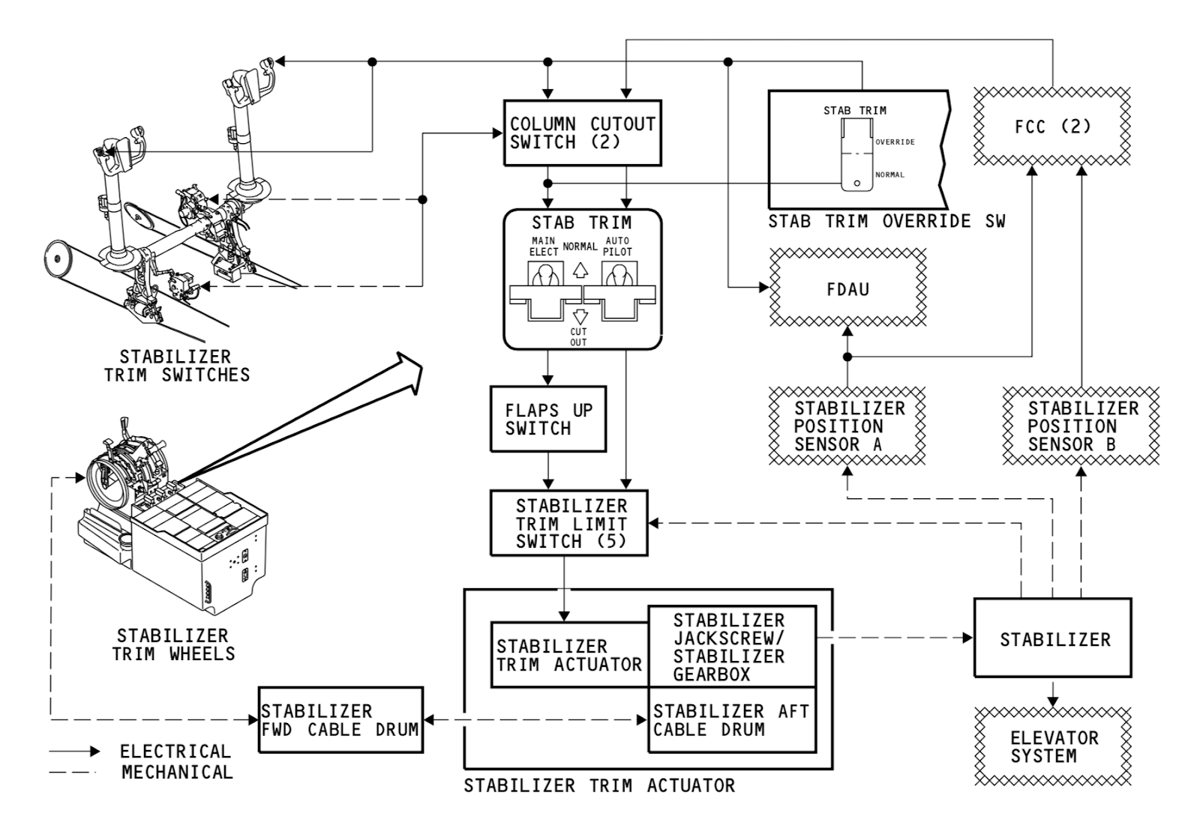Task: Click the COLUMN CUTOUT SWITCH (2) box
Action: (x=582, y=133)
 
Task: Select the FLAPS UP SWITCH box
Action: (x=547, y=419)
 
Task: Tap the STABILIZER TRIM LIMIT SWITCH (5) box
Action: (x=569, y=523)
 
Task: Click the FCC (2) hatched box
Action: (x=1052, y=126)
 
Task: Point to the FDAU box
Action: (x=847, y=288)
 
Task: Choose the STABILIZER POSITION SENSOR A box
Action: (x=847, y=426)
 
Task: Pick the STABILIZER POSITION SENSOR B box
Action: (x=1081, y=426)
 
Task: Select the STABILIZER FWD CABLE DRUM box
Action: (x=340, y=720)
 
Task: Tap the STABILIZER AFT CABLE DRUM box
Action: (x=731, y=720)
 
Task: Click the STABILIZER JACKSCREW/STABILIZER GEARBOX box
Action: (x=731, y=646)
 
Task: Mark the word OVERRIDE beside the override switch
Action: (x=895, y=142)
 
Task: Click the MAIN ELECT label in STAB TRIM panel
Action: (x=543, y=247)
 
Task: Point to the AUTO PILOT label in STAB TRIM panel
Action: (x=617, y=247)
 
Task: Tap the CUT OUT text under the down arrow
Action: (x=578, y=336)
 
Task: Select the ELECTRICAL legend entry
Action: (x=175, y=751)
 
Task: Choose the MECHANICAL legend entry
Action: (x=177, y=772)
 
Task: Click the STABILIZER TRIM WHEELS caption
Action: (x=173, y=644)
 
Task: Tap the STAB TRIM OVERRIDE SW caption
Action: (x=886, y=221)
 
